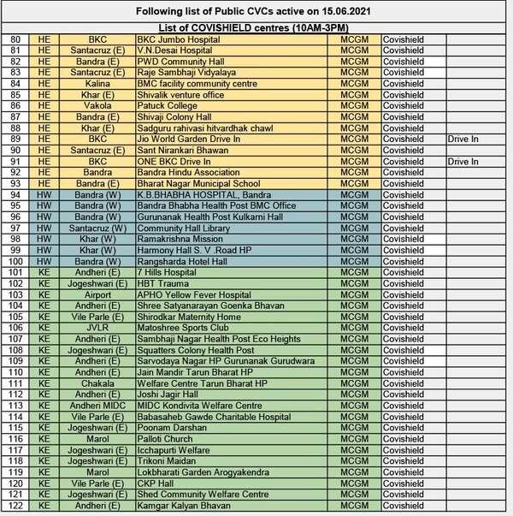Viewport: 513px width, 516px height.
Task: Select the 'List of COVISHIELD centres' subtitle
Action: point(256,28)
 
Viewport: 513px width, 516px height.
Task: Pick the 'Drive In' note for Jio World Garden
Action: point(463,138)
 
